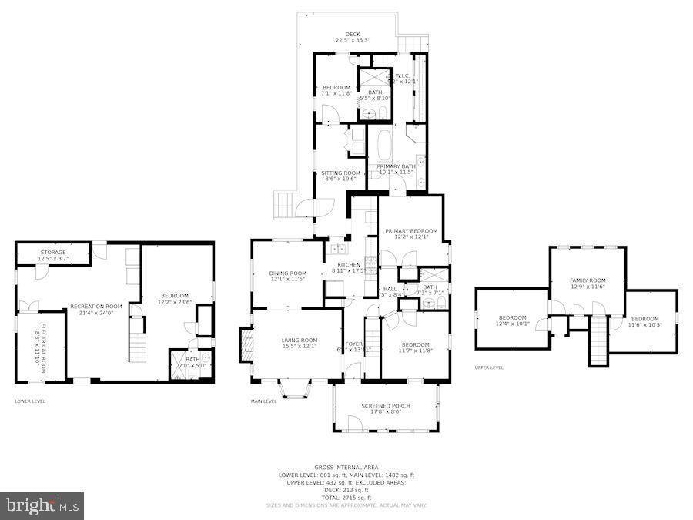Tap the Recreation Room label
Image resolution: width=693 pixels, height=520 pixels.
tap(96, 307)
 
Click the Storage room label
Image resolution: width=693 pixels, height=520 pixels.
tap(53, 253)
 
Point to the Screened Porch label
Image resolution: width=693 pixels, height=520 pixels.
tap(386, 406)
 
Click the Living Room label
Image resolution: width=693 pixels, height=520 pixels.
tap(299, 340)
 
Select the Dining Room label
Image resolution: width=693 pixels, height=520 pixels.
tap(287, 273)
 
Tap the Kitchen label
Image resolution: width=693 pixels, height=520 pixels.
tap(348, 265)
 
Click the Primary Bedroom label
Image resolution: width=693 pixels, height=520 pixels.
tap(411, 231)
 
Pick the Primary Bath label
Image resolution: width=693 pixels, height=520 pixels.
tap(396, 166)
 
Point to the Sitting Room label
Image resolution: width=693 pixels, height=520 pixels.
tap(340, 173)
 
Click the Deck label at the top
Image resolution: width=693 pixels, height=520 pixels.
tap(353, 35)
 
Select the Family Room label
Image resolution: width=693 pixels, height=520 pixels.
tap(588, 280)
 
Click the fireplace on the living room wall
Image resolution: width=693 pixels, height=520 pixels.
tap(246, 345)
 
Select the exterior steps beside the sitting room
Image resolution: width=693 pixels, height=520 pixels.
tap(284, 205)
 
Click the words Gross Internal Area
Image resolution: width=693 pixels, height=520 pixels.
tap(346, 467)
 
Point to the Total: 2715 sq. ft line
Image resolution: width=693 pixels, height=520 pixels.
tap(346, 498)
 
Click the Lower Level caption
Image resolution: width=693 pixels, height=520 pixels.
tap(30, 401)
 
